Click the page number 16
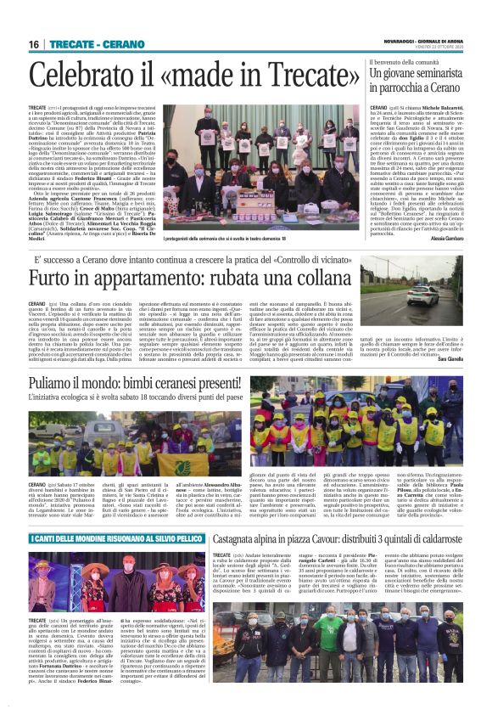(34, 43)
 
